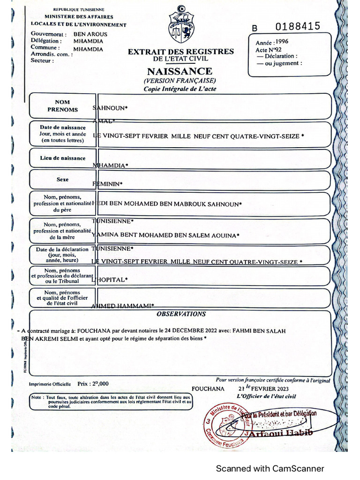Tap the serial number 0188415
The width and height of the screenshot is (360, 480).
coord(298,26)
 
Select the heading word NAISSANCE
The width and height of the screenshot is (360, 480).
coord(180,72)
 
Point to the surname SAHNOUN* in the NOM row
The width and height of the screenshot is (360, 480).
coord(111,108)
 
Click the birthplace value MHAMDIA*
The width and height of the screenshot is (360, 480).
coord(111,165)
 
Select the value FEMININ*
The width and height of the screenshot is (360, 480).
coord(108,184)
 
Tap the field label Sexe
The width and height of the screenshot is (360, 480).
coord(62,180)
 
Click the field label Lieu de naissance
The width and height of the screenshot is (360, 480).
coord(62,158)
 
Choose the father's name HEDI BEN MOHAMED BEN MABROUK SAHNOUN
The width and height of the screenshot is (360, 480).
coord(167,204)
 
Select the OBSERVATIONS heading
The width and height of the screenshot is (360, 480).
coord(181,314)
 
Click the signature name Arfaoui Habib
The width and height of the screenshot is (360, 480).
coord(281,433)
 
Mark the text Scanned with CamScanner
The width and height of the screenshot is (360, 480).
coord(270,468)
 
